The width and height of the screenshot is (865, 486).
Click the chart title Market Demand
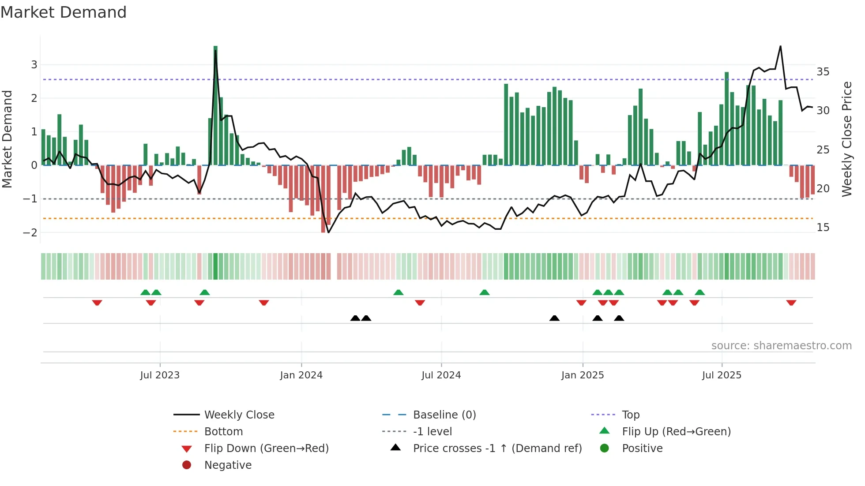tap(64, 12)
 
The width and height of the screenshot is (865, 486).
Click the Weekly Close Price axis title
tap(846, 139)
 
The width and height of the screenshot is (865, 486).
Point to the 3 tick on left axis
tap(34, 65)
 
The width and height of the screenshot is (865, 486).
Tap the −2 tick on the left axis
tap(30, 232)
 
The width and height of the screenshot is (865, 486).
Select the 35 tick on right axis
tap(823, 71)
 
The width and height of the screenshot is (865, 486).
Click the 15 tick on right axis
tap(823, 228)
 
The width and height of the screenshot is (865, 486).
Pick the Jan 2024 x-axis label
tap(301, 375)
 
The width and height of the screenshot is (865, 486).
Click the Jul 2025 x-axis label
tap(722, 375)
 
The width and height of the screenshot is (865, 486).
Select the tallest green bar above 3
tap(215, 106)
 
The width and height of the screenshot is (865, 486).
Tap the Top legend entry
tap(630, 415)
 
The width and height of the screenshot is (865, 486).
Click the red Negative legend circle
tap(187, 465)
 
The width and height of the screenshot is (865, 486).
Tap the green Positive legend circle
tap(605, 449)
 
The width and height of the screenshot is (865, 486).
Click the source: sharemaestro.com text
tap(781, 346)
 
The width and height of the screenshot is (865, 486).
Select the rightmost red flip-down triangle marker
tap(791, 303)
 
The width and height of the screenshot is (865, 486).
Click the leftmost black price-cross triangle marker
tap(355, 318)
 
